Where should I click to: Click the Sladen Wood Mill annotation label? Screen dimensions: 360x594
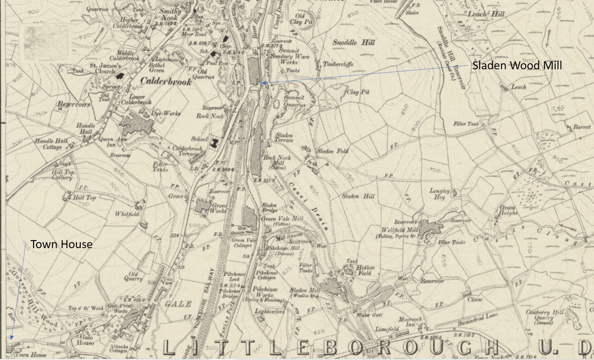tap(517, 65)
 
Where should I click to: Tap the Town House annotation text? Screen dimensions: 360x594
tap(61, 244)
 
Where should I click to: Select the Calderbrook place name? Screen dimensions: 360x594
tap(166, 81)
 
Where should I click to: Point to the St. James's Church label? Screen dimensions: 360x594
tap(105, 68)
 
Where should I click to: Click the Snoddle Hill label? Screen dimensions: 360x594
tap(354, 43)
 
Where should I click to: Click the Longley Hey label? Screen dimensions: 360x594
tap(440, 194)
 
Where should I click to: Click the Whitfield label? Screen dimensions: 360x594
tap(127, 214)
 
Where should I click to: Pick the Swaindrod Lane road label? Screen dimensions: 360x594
tap(478, 319)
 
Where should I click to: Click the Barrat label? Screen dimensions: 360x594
tap(582, 127)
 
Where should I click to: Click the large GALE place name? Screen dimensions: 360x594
tap(178, 304)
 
